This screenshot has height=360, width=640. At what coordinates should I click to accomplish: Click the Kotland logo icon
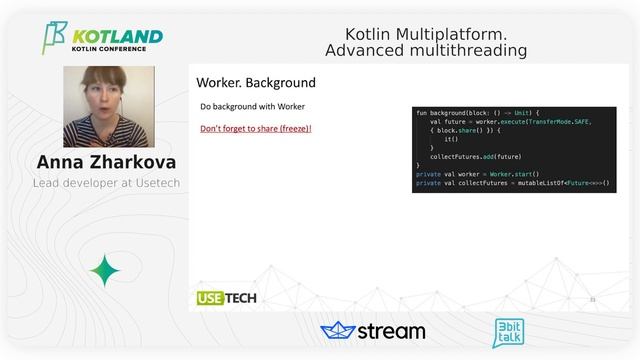[x=54, y=37]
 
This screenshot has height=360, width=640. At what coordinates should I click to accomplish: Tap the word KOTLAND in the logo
[x=117, y=36]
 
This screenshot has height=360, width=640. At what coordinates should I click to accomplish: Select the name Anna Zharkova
[x=107, y=162]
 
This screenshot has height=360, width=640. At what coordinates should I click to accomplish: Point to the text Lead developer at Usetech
[x=106, y=183]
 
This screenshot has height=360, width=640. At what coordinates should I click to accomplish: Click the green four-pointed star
[x=105, y=270]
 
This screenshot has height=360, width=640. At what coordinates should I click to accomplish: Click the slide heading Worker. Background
[x=255, y=83]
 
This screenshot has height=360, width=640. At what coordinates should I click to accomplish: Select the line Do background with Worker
[x=252, y=106]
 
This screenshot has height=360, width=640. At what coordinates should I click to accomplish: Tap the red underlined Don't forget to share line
[x=256, y=128]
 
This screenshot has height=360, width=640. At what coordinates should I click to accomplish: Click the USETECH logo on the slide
[x=226, y=298]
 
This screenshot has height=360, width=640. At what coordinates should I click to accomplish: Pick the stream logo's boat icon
[x=338, y=331]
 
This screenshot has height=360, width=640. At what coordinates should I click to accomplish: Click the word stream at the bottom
[x=391, y=331]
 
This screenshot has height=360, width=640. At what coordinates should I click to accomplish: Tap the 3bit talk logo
[x=510, y=332]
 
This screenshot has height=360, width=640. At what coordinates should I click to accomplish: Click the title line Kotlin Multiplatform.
[x=426, y=34]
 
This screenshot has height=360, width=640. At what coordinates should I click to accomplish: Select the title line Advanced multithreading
[x=426, y=50]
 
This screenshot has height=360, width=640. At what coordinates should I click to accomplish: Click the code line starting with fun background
[x=477, y=113]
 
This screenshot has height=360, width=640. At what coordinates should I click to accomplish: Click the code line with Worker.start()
[x=477, y=174]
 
